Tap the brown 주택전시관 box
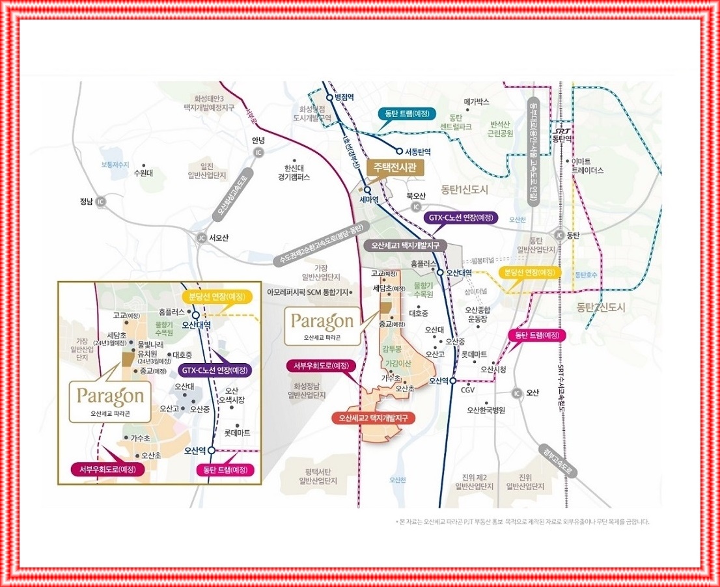click(x=395, y=167)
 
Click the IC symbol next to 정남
click(x=101, y=202)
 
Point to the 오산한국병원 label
click(x=486, y=410)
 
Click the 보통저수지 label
click(x=115, y=165)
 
